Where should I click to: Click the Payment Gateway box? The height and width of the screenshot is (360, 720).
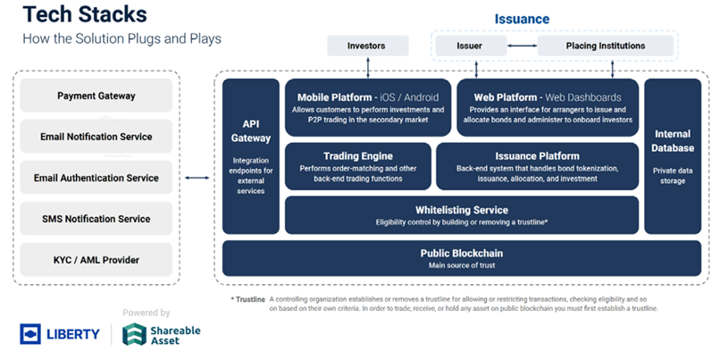(x=96, y=96)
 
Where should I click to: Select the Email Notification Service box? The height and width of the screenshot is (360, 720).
(x=96, y=137)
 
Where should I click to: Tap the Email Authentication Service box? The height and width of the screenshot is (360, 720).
(x=96, y=178)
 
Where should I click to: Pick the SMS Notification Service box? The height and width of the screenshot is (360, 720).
(x=96, y=219)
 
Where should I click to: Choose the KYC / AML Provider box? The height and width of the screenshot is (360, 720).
(x=96, y=260)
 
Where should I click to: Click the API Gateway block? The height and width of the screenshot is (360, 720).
(x=251, y=156)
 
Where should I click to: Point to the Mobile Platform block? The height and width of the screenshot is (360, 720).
(x=367, y=107)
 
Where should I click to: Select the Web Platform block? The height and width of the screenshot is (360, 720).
(x=548, y=107)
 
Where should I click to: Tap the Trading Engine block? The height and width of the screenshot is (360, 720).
(x=356, y=166)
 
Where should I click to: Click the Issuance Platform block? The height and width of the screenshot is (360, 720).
(x=537, y=166)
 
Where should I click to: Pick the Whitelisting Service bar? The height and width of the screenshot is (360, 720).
(x=461, y=215)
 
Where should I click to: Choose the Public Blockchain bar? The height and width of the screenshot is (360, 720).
(x=461, y=257)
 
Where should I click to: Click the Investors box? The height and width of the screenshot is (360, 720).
(x=367, y=45)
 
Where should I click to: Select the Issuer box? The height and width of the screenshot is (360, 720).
(x=470, y=45)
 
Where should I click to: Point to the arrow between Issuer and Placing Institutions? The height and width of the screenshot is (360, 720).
(x=522, y=45)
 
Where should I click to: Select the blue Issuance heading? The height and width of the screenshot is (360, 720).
(x=523, y=19)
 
